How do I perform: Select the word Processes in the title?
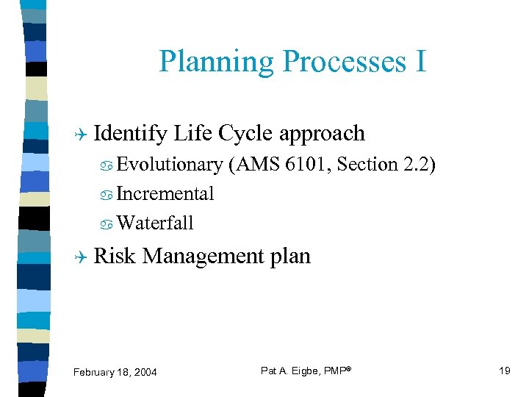pyautogui.click(x=334, y=62)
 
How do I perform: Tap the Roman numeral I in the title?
pyautogui.click(x=420, y=62)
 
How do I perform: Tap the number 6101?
pyautogui.click(x=306, y=165)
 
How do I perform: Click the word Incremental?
pyautogui.click(x=165, y=194)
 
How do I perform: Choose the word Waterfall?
pyautogui.click(x=154, y=223)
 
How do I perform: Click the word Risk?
pyautogui.click(x=115, y=256)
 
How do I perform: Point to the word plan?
pyautogui.click(x=290, y=257)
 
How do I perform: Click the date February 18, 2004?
pyautogui.click(x=115, y=372)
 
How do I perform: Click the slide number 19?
pyautogui.click(x=504, y=371)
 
